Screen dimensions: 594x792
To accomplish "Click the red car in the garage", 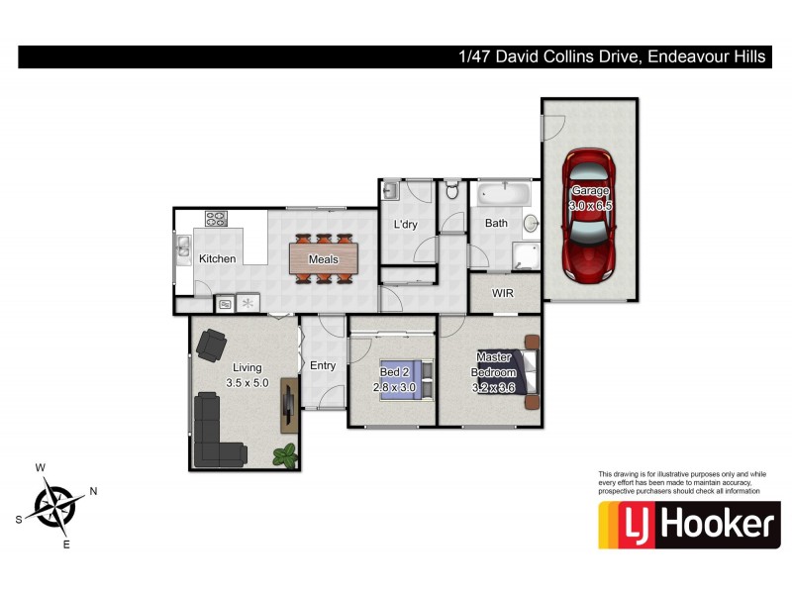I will click(x=589, y=215).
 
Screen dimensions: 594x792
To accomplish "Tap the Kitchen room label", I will click(x=217, y=259).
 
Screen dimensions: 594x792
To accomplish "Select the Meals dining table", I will click(x=323, y=259).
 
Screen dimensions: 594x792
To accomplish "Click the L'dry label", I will click(x=406, y=225).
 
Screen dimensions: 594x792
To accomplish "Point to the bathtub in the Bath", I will click(x=502, y=194).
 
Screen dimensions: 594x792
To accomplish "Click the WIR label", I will click(x=503, y=294).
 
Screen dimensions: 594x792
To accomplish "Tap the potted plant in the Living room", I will click(x=286, y=455).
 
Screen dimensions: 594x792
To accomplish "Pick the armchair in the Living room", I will click(x=212, y=345).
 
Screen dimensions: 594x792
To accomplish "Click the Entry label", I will click(x=323, y=366).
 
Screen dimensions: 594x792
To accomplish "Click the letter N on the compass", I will click(x=93, y=491).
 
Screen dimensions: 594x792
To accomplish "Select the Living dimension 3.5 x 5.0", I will click(x=247, y=382).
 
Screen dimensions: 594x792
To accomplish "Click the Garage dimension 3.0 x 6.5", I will click(x=590, y=205).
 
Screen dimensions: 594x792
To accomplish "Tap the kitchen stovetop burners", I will click(x=216, y=218).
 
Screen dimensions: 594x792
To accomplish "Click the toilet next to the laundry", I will click(x=450, y=190).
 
